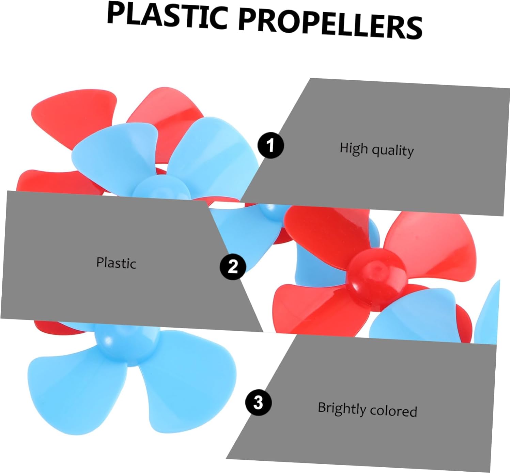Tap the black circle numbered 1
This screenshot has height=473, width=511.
pyautogui.click(x=270, y=145)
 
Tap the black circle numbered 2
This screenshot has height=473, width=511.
pyautogui.click(x=233, y=266)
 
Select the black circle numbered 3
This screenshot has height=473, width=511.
pyautogui.click(x=258, y=403)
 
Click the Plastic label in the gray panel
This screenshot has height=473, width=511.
pyautogui.click(x=116, y=263)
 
